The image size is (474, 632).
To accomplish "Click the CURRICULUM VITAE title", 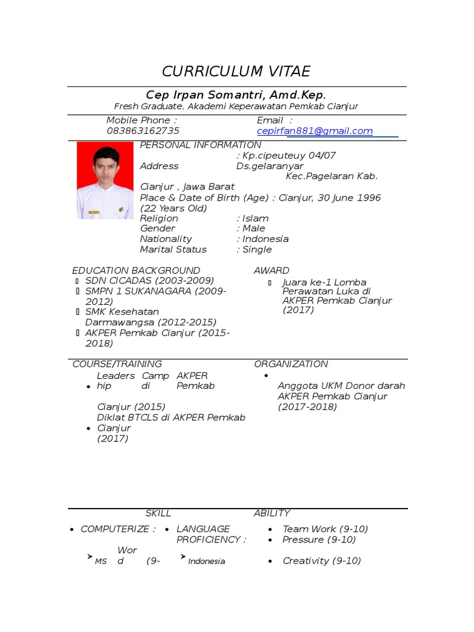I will [x=236, y=72].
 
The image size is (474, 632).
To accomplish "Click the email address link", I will [x=315, y=131].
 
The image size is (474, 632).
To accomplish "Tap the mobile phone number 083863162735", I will [x=143, y=131].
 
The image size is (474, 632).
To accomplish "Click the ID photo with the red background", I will [x=104, y=180].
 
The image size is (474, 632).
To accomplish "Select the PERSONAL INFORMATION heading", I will [x=201, y=145].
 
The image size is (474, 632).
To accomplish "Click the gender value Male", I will [x=254, y=229].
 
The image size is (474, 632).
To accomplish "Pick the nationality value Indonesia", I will [x=264, y=239].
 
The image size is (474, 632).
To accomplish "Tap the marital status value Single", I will [x=256, y=250].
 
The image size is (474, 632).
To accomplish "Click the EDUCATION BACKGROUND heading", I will [x=136, y=270].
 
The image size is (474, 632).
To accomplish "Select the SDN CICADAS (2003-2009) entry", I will [x=149, y=281].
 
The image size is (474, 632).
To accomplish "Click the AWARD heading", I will [x=271, y=270].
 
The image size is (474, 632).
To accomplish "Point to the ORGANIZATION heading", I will [x=291, y=364].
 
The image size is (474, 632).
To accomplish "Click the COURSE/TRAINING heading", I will [x=117, y=364].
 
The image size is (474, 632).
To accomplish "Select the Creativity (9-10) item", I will [x=322, y=561].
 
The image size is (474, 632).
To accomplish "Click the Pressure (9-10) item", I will [x=319, y=539].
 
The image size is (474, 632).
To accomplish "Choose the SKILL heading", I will [x=158, y=513].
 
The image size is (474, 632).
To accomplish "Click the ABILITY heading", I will [x=272, y=513].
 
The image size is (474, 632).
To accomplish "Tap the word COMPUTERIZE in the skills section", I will [x=115, y=529].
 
